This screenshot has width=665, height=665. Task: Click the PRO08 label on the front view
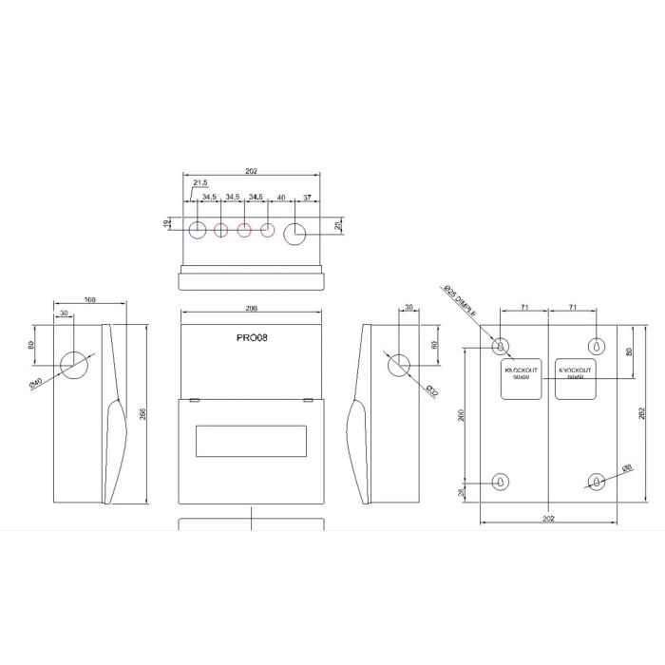pyautogui.click(x=252, y=337)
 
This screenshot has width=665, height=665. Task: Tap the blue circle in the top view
pyautogui.click(x=199, y=229)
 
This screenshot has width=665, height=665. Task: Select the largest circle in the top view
pyautogui.click(x=296, y=231)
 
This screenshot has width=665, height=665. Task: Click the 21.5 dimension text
pyautogui.click(x=201, y=182)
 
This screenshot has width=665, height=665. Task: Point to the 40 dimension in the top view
pyautogui.click(x=280, y=197)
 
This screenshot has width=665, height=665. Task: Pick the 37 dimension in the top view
pyautogui.click(x=307, y=197)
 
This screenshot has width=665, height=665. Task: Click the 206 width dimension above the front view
pyautogui.click(x=251, y=310)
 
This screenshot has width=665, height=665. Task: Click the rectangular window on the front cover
pyautogui.click(x=252, y=442)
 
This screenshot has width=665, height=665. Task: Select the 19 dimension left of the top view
pyautogui.click(x=165, y=224)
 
